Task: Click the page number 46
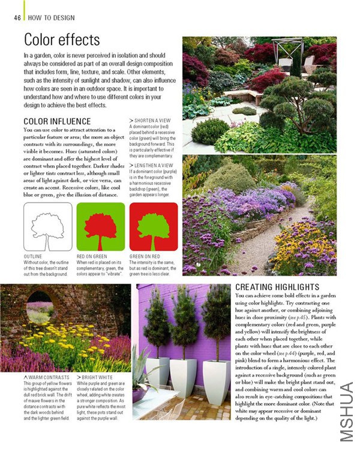[x=17, y=17]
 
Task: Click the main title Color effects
[x=61, y=40]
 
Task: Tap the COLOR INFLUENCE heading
[x=57, y=121]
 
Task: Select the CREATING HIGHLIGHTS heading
[x=277, y=287]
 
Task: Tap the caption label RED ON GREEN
[x=92, y=256]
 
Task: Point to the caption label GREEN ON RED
[x=145, y=256]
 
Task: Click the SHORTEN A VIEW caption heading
[x=153, y=120]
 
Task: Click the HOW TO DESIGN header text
[x=52, y=17]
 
